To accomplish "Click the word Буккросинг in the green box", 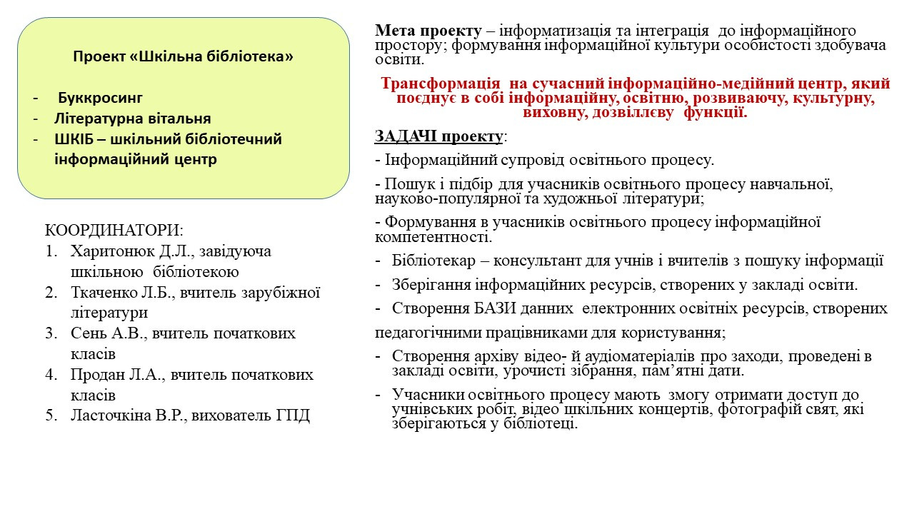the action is [100, 98].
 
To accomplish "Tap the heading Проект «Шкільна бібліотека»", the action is [184, 56].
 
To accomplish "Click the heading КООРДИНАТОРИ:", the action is [114, 231].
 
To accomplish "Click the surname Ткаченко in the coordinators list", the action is [104, 292].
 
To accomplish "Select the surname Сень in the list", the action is [89, 333].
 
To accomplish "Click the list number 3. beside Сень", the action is [52, 333].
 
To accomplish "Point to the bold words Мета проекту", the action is [428, 31].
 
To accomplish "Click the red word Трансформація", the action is [441, 84].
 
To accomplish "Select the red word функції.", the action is [715, 112].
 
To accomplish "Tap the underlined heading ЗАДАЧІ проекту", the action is [438, 136].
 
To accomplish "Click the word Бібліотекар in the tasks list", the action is [433, 261].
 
